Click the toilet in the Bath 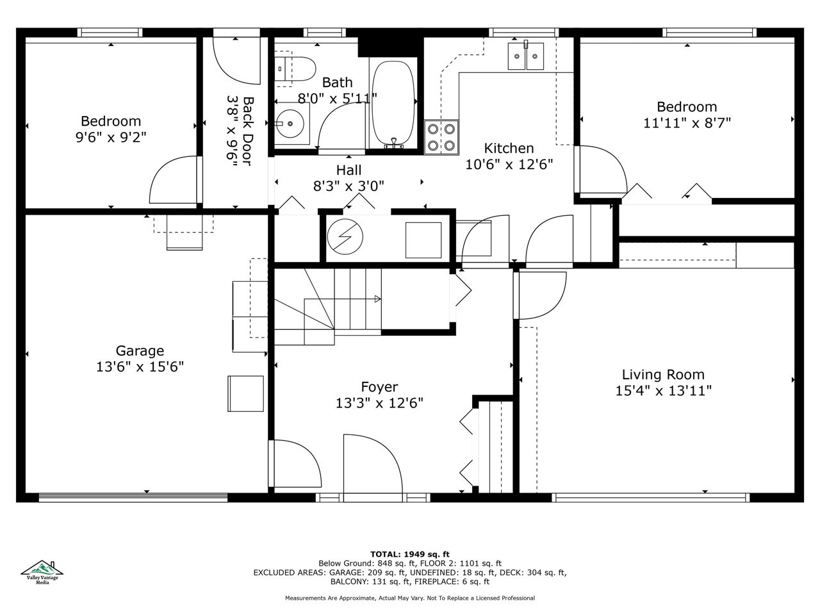point(295,69)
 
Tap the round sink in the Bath point(290,123)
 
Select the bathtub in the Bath point(393,103)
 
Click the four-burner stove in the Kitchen point(441,137)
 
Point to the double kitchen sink point(525,56)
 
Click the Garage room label point(140,351)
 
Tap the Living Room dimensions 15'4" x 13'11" point(663,391)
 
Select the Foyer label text point(379,387)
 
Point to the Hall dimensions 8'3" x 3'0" point(348,186)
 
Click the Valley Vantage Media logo point(42,573)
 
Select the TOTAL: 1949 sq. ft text point(410,555)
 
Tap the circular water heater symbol point(345,237)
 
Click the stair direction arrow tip point(381,299)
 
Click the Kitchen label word point(509,148)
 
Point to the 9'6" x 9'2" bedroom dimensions point(111,137)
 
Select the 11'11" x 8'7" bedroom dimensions point(687,123)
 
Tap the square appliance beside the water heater point(423,240)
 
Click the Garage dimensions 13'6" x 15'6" point(140,367)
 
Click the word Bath point(338,82)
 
